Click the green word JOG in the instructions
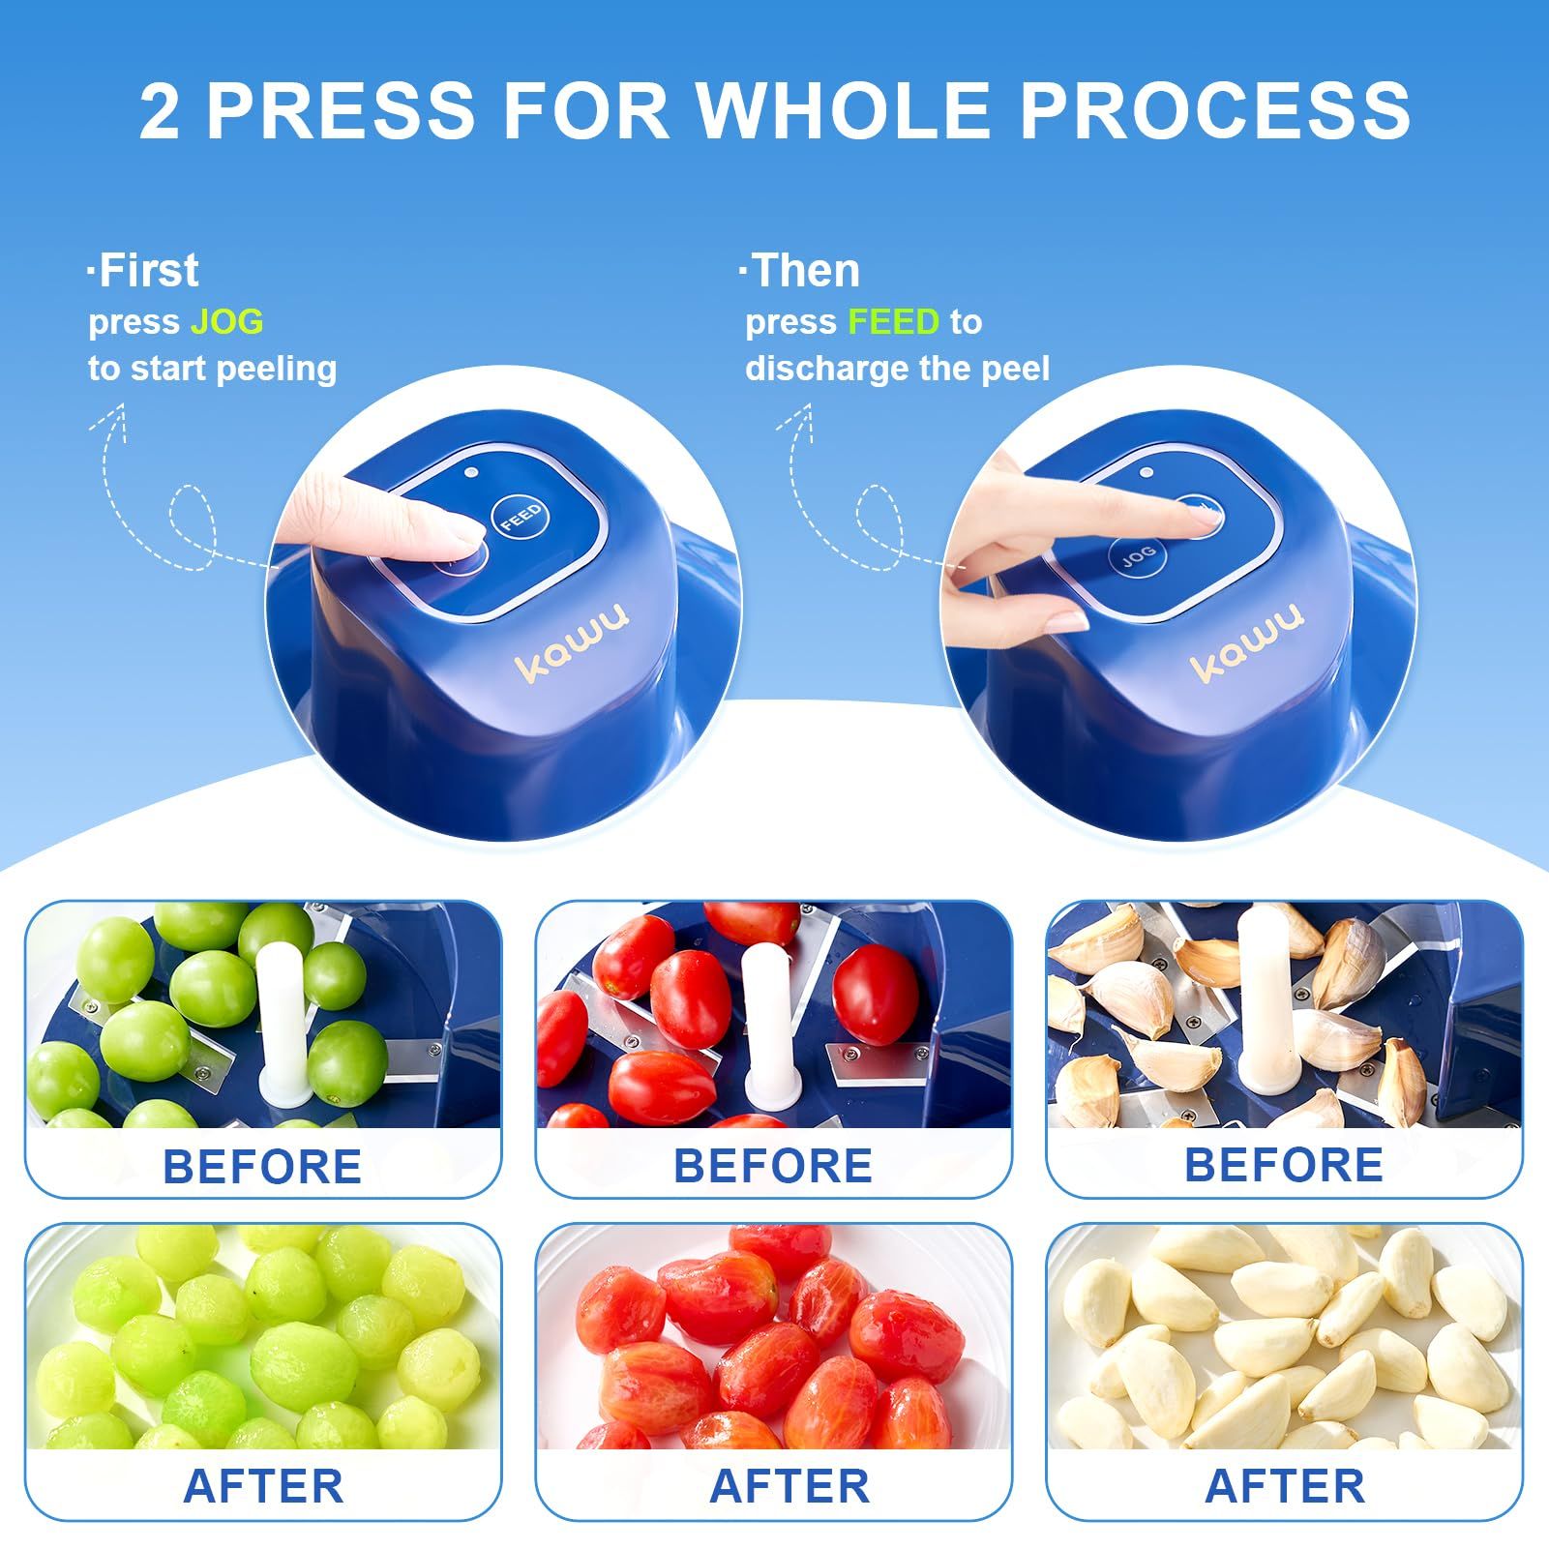pos(226,321)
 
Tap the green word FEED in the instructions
pos(893,321)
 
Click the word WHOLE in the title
pos(845,110)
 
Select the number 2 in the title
pos(160,110)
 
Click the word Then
pos(805,270)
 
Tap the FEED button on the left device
pos(521,518)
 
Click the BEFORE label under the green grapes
pos(262,1166)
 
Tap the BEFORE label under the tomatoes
pos(773,1166)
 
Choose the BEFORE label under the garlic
pos(1284,1166)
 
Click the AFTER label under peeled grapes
pos(263,1486)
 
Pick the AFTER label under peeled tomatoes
pos(789,1486)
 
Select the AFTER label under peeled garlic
pos(1285,1486)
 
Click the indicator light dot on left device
pos(471,473)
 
